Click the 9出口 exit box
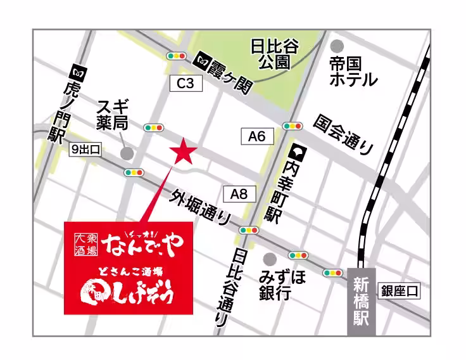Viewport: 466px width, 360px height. [85, 150]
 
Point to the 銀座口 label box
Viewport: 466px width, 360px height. [400, 292]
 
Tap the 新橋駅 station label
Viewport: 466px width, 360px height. [362, 301]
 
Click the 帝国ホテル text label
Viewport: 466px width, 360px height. [353, 72]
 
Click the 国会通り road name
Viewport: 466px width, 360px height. [344, 134]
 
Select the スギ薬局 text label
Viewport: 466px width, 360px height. [113, 113]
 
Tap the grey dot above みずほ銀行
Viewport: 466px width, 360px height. [270, 259]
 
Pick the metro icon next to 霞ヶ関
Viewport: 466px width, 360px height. [203, 60]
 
